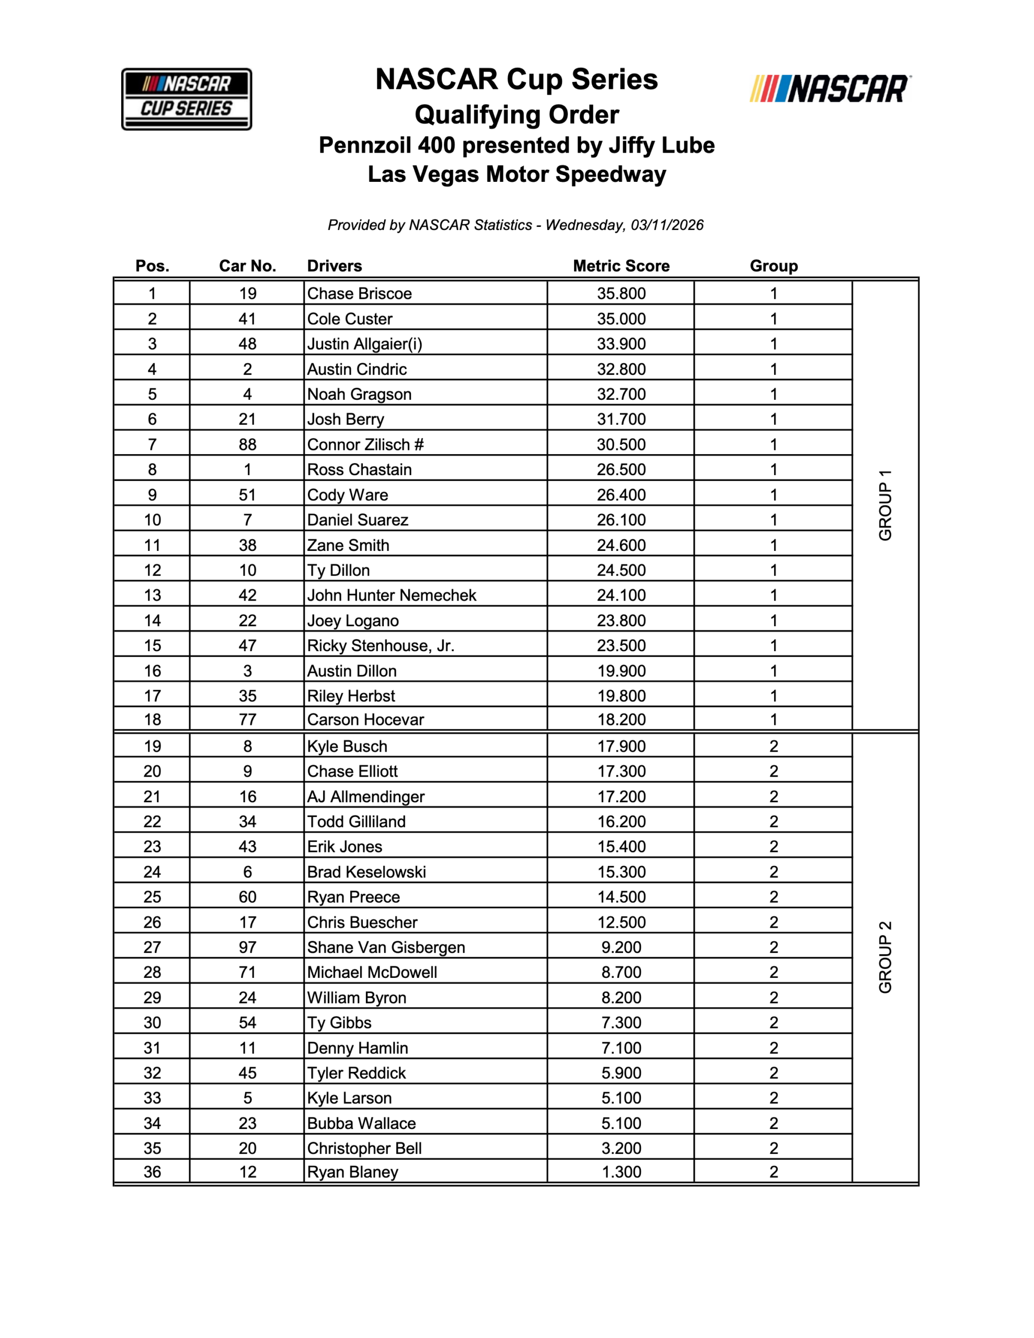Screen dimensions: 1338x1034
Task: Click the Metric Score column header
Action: point(621,266)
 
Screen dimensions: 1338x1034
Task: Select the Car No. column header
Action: point(248,266)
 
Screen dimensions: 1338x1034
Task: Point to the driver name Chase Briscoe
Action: point(359,293)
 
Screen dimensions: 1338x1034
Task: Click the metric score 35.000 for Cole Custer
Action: point(621,319)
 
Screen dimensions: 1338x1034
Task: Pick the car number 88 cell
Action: point(248,444)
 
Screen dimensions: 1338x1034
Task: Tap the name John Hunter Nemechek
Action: point(392,595)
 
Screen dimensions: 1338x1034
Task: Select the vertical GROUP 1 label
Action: point(885,505)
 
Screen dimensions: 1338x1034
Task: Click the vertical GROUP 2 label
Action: point(885,956)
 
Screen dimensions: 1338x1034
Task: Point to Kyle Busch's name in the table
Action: point(347,746)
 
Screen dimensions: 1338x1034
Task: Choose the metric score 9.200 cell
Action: point(621,947)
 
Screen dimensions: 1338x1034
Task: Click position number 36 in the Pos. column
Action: point(152,1172)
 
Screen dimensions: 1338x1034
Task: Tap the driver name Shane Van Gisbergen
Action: point(386,947)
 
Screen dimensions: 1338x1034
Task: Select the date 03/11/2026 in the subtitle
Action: point(667,225)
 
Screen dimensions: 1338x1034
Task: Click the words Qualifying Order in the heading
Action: point(516,114)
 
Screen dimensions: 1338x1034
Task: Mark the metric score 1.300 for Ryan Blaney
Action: point(621,1172)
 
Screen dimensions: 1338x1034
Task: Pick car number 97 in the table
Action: point(248,947)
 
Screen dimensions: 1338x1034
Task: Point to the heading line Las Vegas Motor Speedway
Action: point(516,174)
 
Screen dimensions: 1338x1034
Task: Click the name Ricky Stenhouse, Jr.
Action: point(381,645)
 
